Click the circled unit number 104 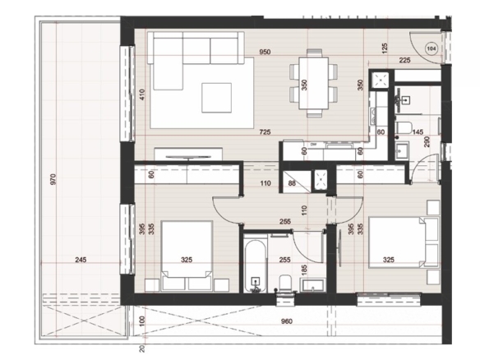(x=432, y=48)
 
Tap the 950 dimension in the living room (x=265, y=52)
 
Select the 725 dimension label (x=265, y=132)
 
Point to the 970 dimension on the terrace (x=53, y=179)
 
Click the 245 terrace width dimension (x=81, y=260)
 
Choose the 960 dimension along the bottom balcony (x=287, y=321)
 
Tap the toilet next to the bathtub (x=285, y=284)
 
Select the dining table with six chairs (x=314, y=83)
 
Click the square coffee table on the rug (x=216, y=98)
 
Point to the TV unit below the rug (x=188, y=154)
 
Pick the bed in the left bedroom (x=187, y=256)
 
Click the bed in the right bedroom (x=404, y=242)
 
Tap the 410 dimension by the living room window (x=141, y=94)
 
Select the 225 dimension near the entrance (x=404, y=60)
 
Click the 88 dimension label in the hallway (x=292, y=183)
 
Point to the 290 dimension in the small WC (x=427, y=141)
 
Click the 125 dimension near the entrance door (x=385, y=47)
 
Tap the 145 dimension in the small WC (x=418, y=132)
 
